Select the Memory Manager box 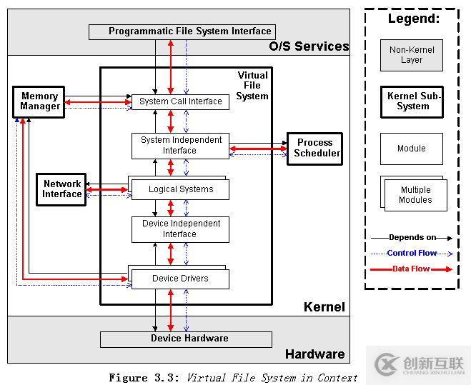coord(39,101)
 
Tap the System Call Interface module coord(180,101)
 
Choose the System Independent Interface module coord(180,145)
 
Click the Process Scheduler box coord(314,148)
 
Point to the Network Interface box coord(61,189)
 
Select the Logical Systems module coord(180,189)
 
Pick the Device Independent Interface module coord(180,229)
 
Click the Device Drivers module coord(180,279)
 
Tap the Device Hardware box coord(186,339)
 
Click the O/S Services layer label coord(309,46)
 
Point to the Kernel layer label coord(324,307)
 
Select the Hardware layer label coord(314,354)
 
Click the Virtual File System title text coord(252,86)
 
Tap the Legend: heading coord(413,19)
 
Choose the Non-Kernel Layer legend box coord(411,55)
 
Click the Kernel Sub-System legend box coord(412,101)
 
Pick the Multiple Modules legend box coord(414,194)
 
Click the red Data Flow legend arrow coord(412,269)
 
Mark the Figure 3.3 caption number coord(146,378)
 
